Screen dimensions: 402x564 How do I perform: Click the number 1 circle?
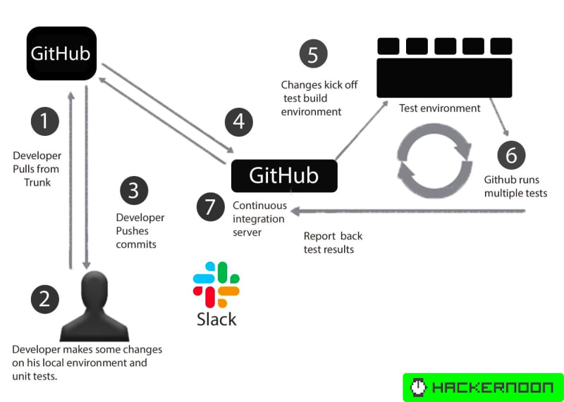44,121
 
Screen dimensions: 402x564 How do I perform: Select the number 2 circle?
44,299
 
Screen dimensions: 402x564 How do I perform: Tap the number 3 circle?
134,191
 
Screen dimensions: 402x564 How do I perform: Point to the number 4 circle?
239,122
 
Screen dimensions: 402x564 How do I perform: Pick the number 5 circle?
313,54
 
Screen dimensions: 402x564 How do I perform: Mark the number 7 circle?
210,208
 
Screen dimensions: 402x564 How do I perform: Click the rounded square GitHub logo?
61,54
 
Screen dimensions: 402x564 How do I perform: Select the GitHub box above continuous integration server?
284,175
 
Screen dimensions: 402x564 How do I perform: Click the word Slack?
216,319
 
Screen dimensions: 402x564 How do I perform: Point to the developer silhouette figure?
94,307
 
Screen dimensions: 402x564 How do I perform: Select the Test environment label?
439,108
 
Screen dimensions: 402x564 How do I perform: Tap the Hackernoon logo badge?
483,387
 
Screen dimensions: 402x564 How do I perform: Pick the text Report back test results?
333,243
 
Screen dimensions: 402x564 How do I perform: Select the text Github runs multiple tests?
515,187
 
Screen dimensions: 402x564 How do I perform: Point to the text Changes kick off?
319,85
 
